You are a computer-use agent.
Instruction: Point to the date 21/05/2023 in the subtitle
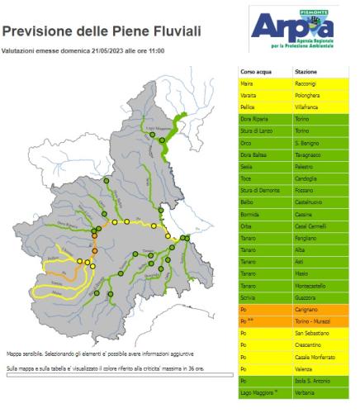coord(102,51)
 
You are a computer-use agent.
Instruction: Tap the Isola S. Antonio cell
coord(313,380)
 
